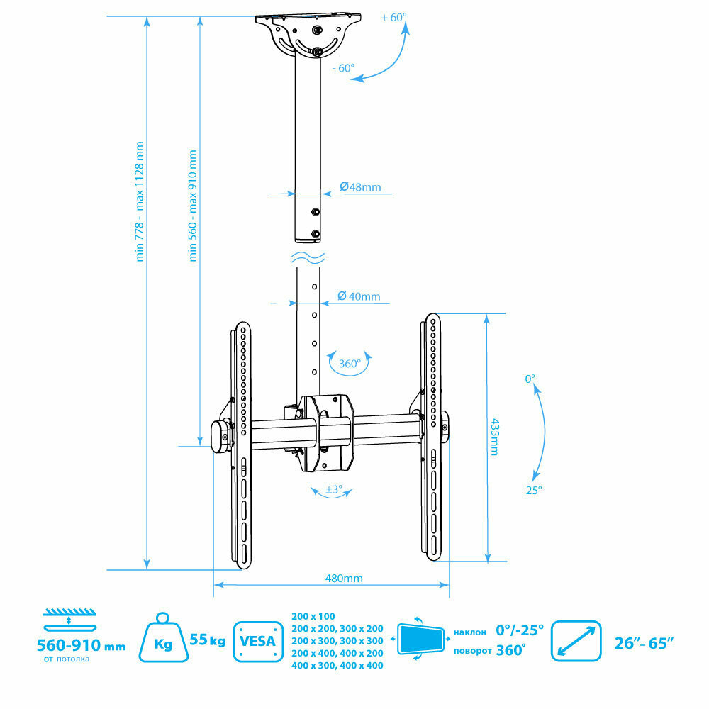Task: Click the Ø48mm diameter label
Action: pyautogui.click(x=360, y=187)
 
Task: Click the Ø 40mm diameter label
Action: pyautogui.click(x=359, y=296)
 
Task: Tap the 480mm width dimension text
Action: pyautogui.click(x=344, y=578)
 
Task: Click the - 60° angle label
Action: pyautogui.click(x=342, y=68)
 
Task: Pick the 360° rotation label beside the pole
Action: pyautogui.click(x=350, y=364)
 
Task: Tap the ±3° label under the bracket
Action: pyautogui.click(x=334, y=489)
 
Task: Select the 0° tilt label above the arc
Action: pyautogui.click(x=530, y=379)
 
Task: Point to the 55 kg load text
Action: pyautogui.click(x=207, y=642)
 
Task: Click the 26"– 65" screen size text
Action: pyautogui.click(x=644, y=642)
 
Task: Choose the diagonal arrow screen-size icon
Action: pyautogui.click(x=576, y=642)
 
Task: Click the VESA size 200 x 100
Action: pyautogui.click(x=313, y=616)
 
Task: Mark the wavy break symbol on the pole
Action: pyautogui.click(x=308, y=257)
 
